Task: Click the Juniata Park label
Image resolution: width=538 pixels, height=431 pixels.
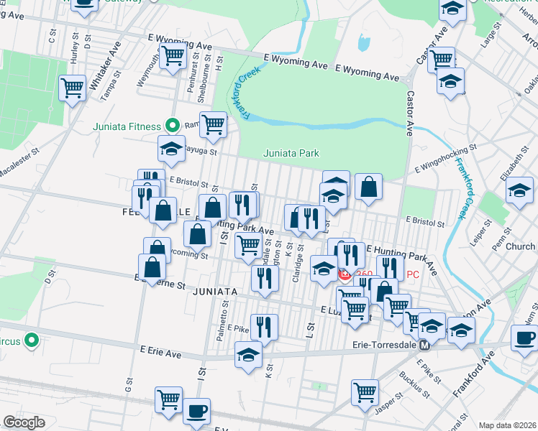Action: tap(291, 153)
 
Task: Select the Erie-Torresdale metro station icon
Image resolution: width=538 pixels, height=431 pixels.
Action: tap(424, 346)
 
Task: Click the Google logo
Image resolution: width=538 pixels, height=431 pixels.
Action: tap(24, 422)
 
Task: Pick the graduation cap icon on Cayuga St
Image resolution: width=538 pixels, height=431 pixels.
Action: tap(171, 149)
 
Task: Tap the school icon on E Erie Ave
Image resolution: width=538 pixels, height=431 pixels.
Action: tap(248, 355)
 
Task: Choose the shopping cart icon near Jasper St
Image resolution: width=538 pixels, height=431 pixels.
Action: tap(365, 393)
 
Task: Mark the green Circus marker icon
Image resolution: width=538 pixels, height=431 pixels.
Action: tap(32, 339)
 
